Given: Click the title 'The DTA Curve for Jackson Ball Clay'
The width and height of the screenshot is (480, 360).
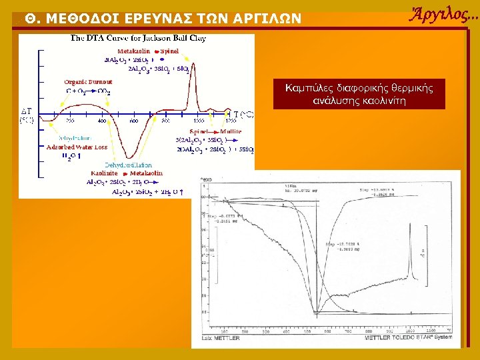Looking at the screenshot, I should pos(138,38).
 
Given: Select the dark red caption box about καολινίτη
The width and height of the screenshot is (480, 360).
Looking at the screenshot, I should pos(359,95).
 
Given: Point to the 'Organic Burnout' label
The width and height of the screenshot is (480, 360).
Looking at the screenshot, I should pos(88,82).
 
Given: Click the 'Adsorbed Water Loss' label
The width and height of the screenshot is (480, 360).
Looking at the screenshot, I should pos(76,147).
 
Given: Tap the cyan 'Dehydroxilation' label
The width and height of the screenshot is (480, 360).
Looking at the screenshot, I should pos(129,165).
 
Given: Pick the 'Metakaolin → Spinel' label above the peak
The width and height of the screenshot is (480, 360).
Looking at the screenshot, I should pos(148,51).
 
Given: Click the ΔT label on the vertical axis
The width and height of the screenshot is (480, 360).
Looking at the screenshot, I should pos(26,111).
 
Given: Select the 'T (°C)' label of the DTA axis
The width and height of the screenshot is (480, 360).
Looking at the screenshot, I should pos(243,114).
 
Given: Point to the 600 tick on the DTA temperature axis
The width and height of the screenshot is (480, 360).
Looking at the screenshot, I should pos(133,121).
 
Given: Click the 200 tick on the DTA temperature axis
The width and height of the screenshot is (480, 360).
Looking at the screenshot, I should pos(69,121).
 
